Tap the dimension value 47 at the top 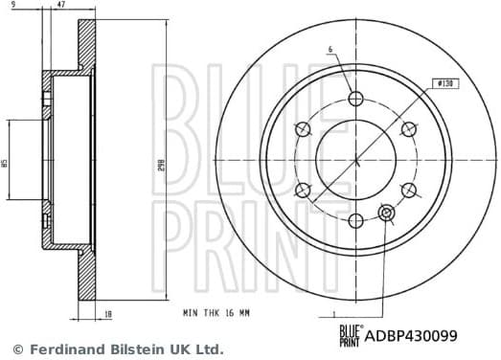point(62,6)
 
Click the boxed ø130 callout point(444,83)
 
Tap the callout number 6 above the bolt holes point(329,50)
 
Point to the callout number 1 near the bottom point(332,312)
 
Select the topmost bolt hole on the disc point(356,99)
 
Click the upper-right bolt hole point(408,129)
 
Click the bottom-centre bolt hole point(356,220)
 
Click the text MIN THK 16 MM point(216,312)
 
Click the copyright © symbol point(17,349)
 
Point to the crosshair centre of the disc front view point(356,160)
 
